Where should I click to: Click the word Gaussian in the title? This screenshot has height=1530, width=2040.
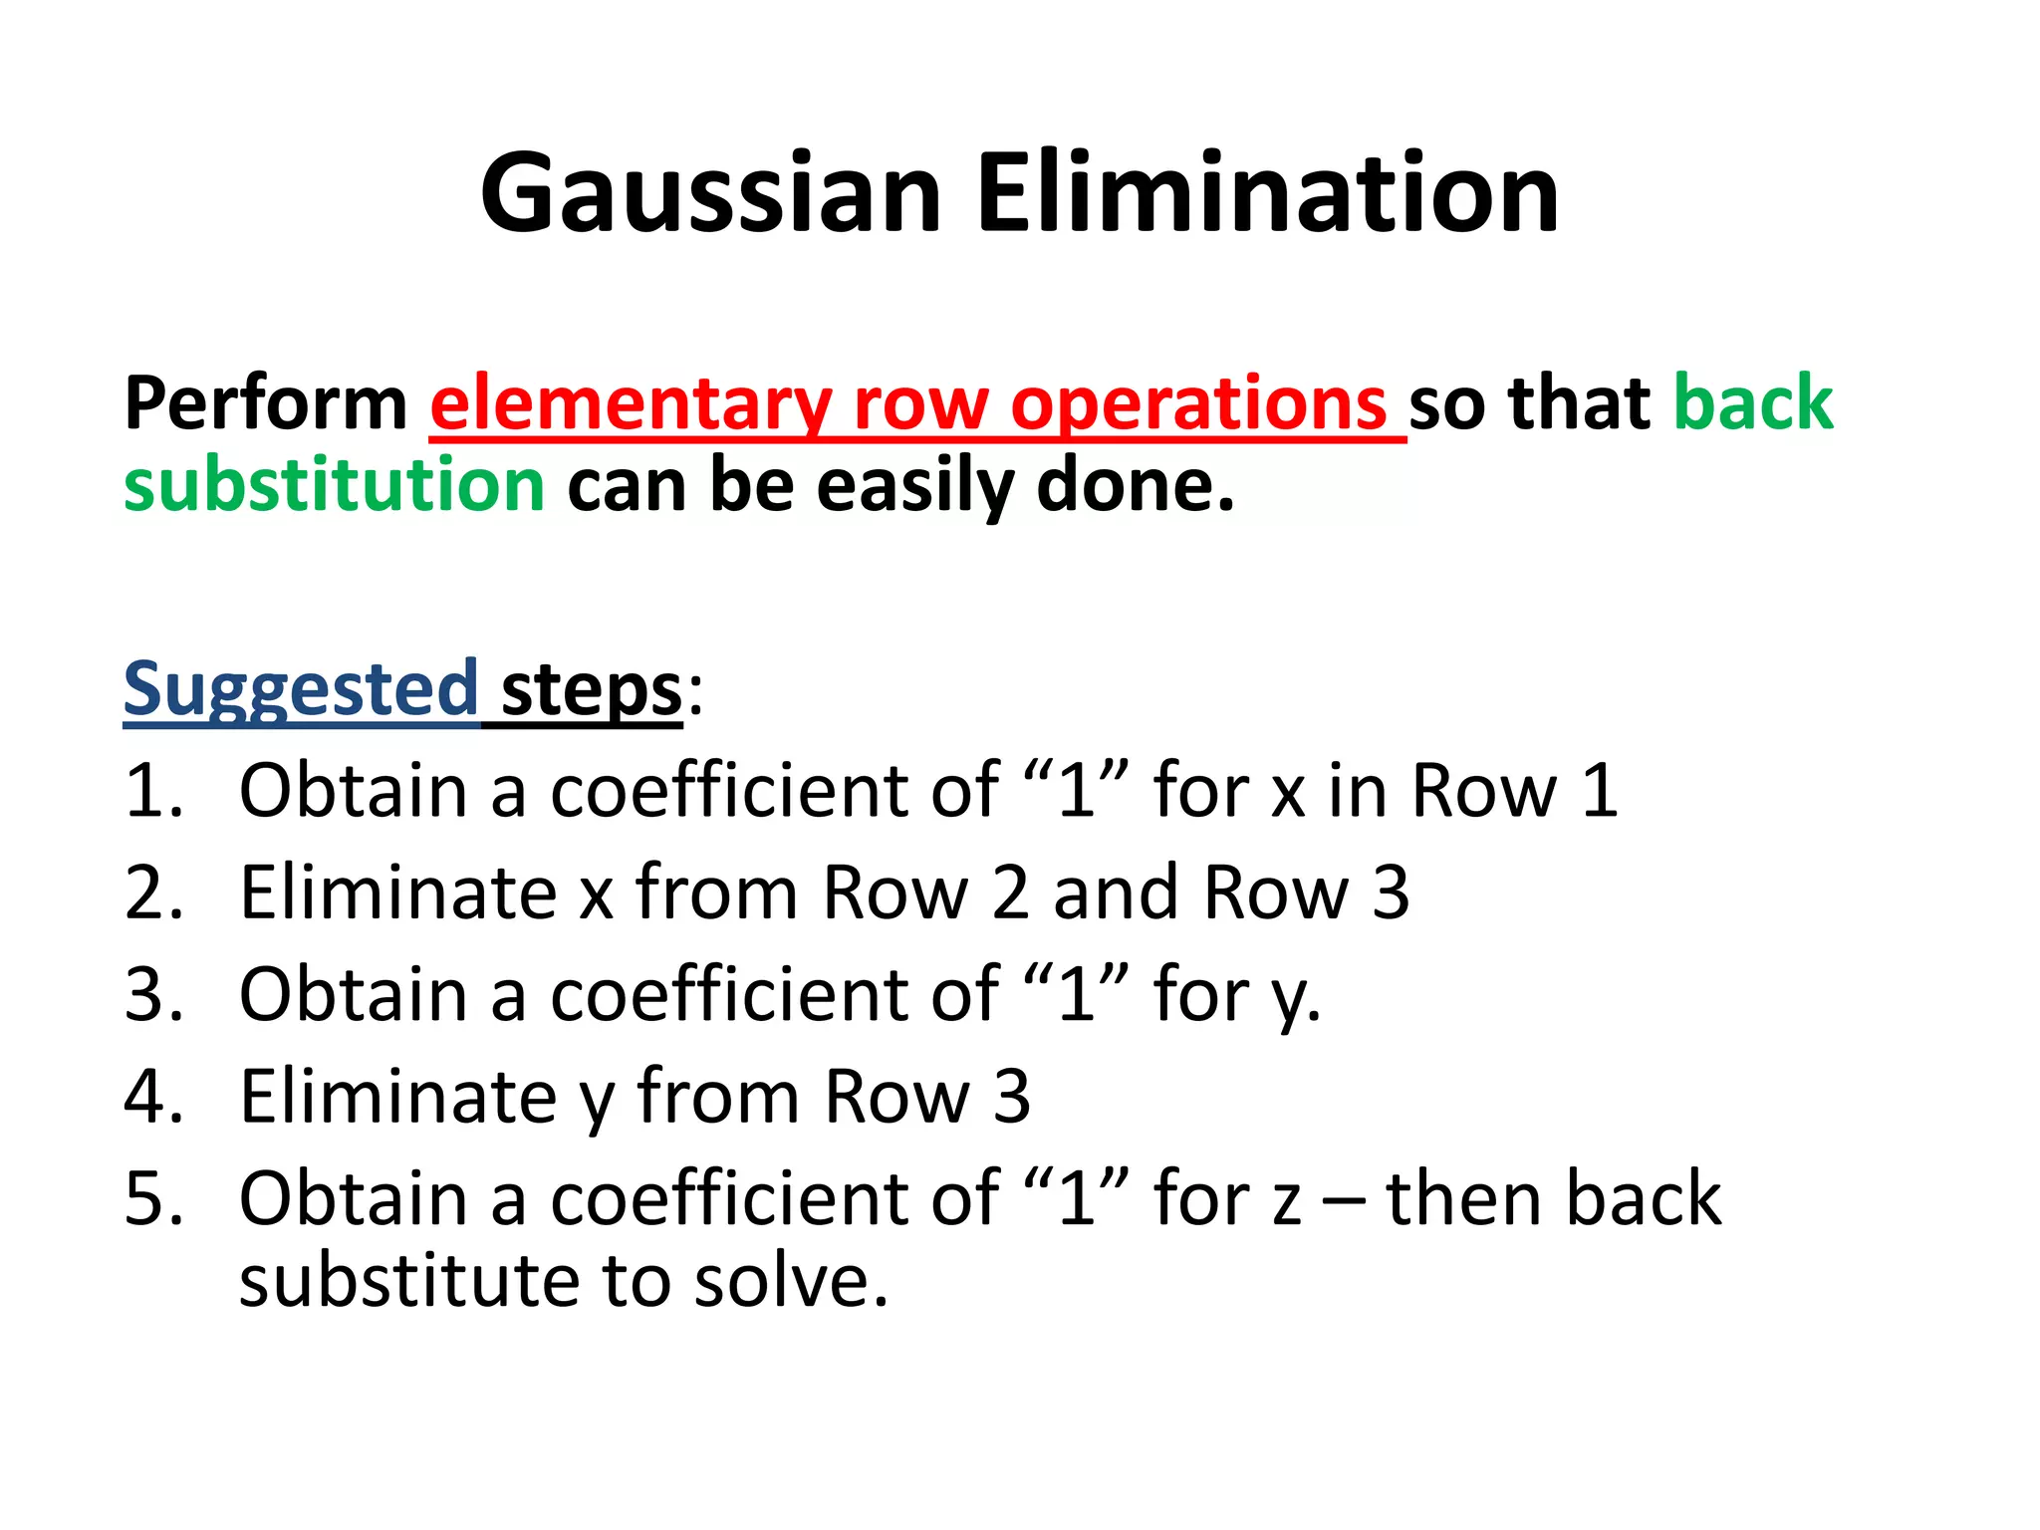(710, 193)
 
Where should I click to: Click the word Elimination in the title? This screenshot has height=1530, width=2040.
(1268, 193)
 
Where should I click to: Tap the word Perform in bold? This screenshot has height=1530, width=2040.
(265, 403)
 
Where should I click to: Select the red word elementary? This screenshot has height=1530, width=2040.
(631, 403)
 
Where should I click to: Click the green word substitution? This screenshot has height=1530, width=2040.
(334, 485)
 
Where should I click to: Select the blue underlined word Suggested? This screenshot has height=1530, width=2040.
(300, 689)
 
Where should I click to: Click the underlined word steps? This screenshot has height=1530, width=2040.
(591, 689)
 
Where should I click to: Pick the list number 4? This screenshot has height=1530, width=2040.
(151, 1096)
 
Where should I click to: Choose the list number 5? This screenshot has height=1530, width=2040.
(151, 1198)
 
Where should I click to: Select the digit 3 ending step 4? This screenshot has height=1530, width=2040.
(1011, 1096)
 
